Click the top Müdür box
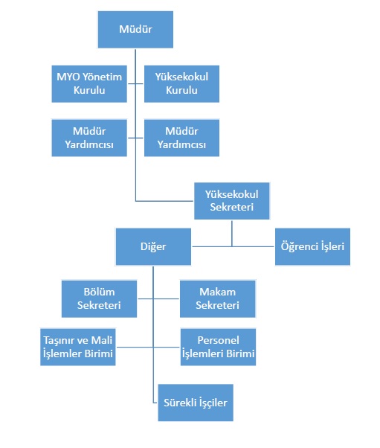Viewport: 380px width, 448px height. click(x=135, y=30)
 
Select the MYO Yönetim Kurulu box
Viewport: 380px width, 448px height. click(x=89, y=83)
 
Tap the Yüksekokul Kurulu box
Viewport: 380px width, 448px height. click(x=181, y=83)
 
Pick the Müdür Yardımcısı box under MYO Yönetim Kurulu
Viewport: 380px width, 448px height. click(x=89, y=138)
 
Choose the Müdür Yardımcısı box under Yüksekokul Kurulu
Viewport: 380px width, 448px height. click(x=181, y=138)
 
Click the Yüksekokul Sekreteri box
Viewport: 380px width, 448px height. click(x=232, y=201)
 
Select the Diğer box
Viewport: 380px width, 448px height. click(x=153, y=246)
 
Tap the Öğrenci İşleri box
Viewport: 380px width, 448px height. click(x=312, y=246)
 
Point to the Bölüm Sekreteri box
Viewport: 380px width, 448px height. click(x=99, y=299)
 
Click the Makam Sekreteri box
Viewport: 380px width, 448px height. click(x=218, y=299)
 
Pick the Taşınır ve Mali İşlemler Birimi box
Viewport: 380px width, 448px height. click(x=78, y=347)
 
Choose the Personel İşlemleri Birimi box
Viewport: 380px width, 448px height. click(x=218, y=347)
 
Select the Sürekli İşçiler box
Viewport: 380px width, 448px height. click(x=196, y=403)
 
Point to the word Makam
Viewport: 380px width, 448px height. click(x=218, y=292)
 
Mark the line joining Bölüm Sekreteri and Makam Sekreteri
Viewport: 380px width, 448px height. click(x=158, y=299)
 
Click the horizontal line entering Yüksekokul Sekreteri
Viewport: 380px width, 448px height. click(x=164, y=201)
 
